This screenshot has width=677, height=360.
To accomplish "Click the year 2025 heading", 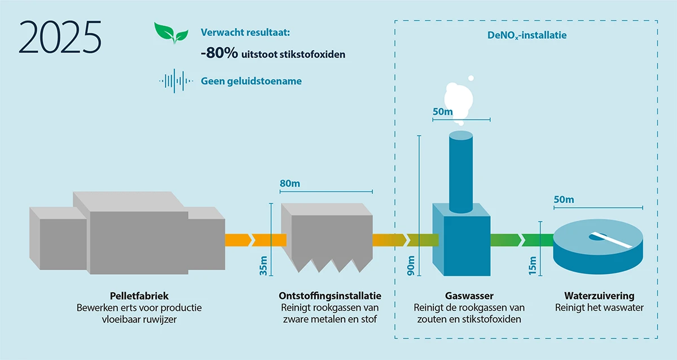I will [x=60, y=37].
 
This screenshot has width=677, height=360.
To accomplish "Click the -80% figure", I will [x=219, y=54].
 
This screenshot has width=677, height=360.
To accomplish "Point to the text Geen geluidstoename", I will [x=251, y=81].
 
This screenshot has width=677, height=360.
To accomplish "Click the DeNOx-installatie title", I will [x=527, y=35].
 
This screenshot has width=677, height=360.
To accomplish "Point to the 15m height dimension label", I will [x=533, y=265].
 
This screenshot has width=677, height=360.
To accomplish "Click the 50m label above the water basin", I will [x=564, y=200].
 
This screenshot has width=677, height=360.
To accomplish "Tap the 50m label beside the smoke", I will [x=443, y=112].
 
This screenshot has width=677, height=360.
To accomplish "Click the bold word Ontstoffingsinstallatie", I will [x=330, y=296].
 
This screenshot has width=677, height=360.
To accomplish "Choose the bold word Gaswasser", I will [x=469, y=296].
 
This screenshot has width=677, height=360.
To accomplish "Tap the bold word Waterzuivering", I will [x=599, y=296].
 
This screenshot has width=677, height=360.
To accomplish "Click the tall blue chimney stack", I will [x=460, y=169].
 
